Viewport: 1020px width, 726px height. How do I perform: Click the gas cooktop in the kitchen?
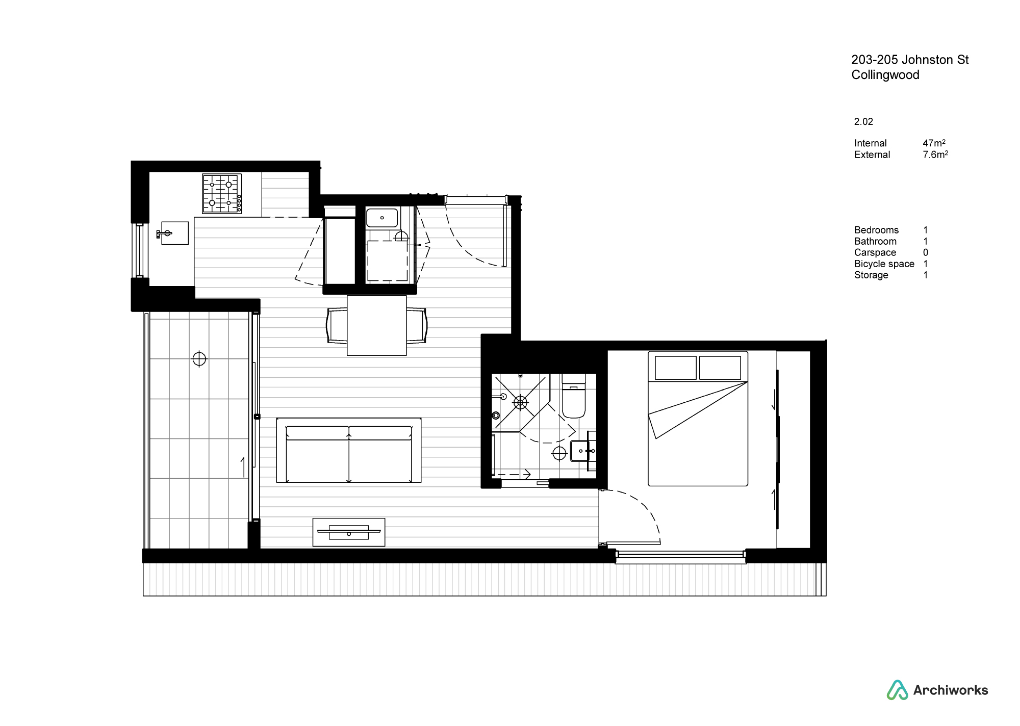pos(222,194)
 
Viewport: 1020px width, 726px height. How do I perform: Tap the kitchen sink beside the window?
pos(174,233)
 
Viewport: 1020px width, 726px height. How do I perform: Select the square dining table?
pos(377,325)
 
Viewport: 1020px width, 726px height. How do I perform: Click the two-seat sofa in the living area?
pos(349,450)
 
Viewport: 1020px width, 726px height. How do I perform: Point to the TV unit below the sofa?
pos(349,532)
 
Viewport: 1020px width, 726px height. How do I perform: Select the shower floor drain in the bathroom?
pos(520,403)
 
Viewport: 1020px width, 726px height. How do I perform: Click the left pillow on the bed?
pos(676,368)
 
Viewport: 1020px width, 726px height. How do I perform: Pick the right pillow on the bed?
pos(720,368)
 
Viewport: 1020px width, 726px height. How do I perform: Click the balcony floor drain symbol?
pos(199,359)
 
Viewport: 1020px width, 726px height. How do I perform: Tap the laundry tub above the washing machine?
pos(382,218)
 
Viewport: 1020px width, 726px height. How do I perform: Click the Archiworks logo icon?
pos(897,690)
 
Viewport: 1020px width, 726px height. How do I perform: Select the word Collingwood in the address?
pos(885,75)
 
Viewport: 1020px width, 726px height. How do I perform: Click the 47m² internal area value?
pos(934,143)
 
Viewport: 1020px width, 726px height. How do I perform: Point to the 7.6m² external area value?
pos(935,154)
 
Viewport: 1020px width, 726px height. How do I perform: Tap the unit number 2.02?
pos(863,122)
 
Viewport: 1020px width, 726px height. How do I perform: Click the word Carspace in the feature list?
pos(875,253)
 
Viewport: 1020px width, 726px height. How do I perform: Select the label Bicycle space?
pos(884,264)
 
